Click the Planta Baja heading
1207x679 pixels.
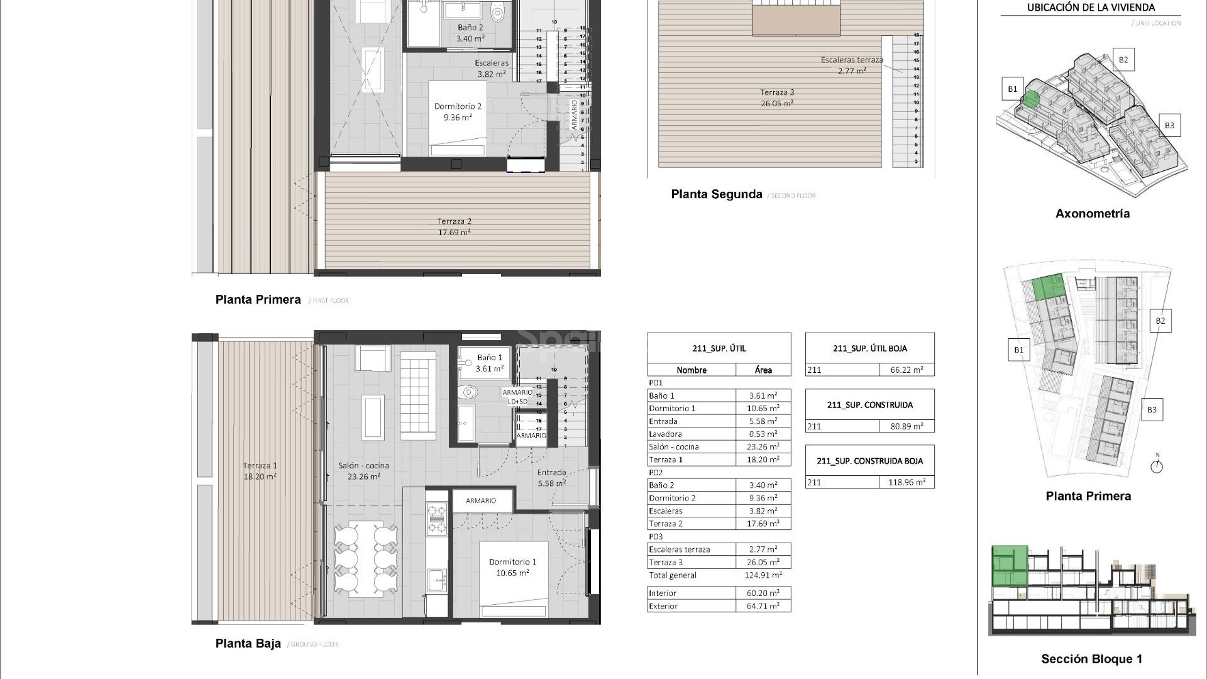[248, 643]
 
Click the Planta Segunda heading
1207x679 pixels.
[716, 194]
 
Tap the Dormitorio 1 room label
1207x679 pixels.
[512, 567]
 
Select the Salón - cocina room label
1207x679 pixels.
[363, 471]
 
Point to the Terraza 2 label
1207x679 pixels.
[454, 226]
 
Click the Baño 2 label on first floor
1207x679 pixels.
[470, 33]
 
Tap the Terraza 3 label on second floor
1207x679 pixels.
[777, 97]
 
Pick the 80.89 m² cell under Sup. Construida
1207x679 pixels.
[907, 426]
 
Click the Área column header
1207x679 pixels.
[763, 370]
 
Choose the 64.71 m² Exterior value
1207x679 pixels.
[763, 606]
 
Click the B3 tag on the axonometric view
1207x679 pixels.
[1169, 125]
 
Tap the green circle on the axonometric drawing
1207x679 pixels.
[1030, 99]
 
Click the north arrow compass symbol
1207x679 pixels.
[1157, 466]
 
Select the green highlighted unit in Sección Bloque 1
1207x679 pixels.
[1010, 566]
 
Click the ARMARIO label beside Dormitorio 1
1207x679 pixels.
[481, 501]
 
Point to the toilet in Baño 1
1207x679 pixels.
[468, 393]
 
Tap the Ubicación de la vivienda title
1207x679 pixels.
[1091, 8]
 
